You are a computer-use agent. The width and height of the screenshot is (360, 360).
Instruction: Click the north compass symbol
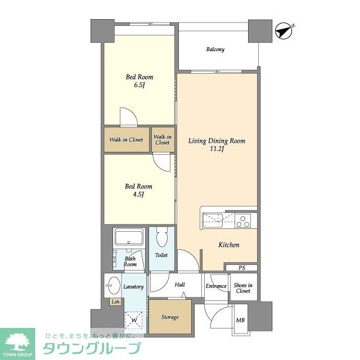(x=283, y=31)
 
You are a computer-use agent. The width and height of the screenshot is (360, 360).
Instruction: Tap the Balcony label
(x=215, y=49)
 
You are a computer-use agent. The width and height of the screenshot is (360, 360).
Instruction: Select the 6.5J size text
(x=139, y=85)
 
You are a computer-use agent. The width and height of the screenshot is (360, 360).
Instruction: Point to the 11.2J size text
(x=217, y=148)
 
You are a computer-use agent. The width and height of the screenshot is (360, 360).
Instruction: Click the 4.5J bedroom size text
(x=138, y=195)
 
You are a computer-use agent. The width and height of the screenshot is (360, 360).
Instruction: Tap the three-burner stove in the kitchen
(x=242, y=220)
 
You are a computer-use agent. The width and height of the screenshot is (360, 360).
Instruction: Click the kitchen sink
(x=213, y=220)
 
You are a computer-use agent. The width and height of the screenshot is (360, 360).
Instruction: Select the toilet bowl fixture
(x=161, y=237)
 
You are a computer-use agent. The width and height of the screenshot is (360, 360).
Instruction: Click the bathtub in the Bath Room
(x=129, y=237)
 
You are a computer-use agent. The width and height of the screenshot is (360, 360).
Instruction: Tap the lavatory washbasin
(x=114, y=285)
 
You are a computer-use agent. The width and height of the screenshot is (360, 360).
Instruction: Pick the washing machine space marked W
(x=134, y=320)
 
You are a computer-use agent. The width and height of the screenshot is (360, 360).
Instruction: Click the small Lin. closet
(x=116, y=301)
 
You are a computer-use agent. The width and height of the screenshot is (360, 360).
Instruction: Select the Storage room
(x=170, y=317)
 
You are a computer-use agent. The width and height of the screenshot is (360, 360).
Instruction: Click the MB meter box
(x=240, y=319)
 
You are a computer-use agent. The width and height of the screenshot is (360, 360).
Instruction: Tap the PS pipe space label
(x=241, y=268)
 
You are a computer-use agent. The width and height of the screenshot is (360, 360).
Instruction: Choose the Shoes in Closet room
(x=244, y=287)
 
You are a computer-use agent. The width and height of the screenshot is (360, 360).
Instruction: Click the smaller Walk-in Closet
(x=163, y=139)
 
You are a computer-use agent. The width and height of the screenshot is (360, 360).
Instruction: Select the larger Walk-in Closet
(x=127, y=139)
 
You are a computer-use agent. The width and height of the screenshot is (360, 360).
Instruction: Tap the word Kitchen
(x=229, y=245)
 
